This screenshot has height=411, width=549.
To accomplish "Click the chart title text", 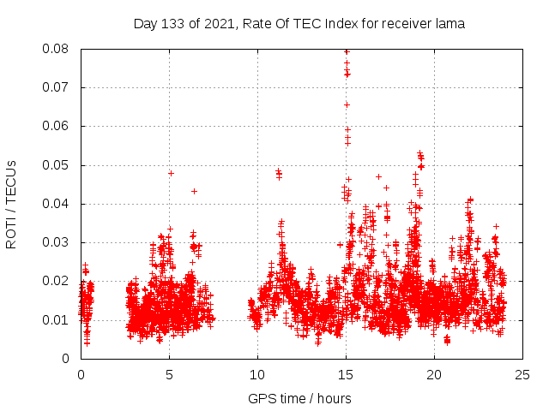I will (x=299, y=24).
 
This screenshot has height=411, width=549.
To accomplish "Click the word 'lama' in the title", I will (x=450, y=24).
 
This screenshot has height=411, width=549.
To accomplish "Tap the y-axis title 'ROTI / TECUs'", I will (x=11, y=204).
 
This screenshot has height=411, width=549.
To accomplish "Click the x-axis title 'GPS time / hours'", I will (x=299, y=398).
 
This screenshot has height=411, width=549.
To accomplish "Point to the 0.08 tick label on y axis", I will (x=57, y=49).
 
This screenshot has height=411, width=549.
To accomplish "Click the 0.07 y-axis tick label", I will (x=57, y=87).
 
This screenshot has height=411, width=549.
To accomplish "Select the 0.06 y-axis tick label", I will (x=57, y=126).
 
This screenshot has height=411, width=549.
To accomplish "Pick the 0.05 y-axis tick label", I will (x=57, y=165).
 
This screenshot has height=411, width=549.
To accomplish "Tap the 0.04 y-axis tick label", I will (x=57, y=204).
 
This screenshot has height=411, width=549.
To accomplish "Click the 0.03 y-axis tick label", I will (x=57, y=242).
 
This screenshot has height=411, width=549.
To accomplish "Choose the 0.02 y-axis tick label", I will (x=57, y=281).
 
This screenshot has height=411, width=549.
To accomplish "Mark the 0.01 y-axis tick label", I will (x=57, y=320).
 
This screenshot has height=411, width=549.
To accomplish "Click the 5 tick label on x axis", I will (x=169, y=374).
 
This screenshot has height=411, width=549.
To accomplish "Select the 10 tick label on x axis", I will (x=257, y=374).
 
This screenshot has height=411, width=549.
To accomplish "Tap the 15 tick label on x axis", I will (x=346, y=374).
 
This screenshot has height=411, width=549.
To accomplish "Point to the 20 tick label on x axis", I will (x=434, y=374).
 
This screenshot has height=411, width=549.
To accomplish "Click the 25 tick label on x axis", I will (x=522, y=374).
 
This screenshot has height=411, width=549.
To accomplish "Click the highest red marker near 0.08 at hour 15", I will (x=347, y=51).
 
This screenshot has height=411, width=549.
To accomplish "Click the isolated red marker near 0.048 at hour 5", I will (x=171, y=173).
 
